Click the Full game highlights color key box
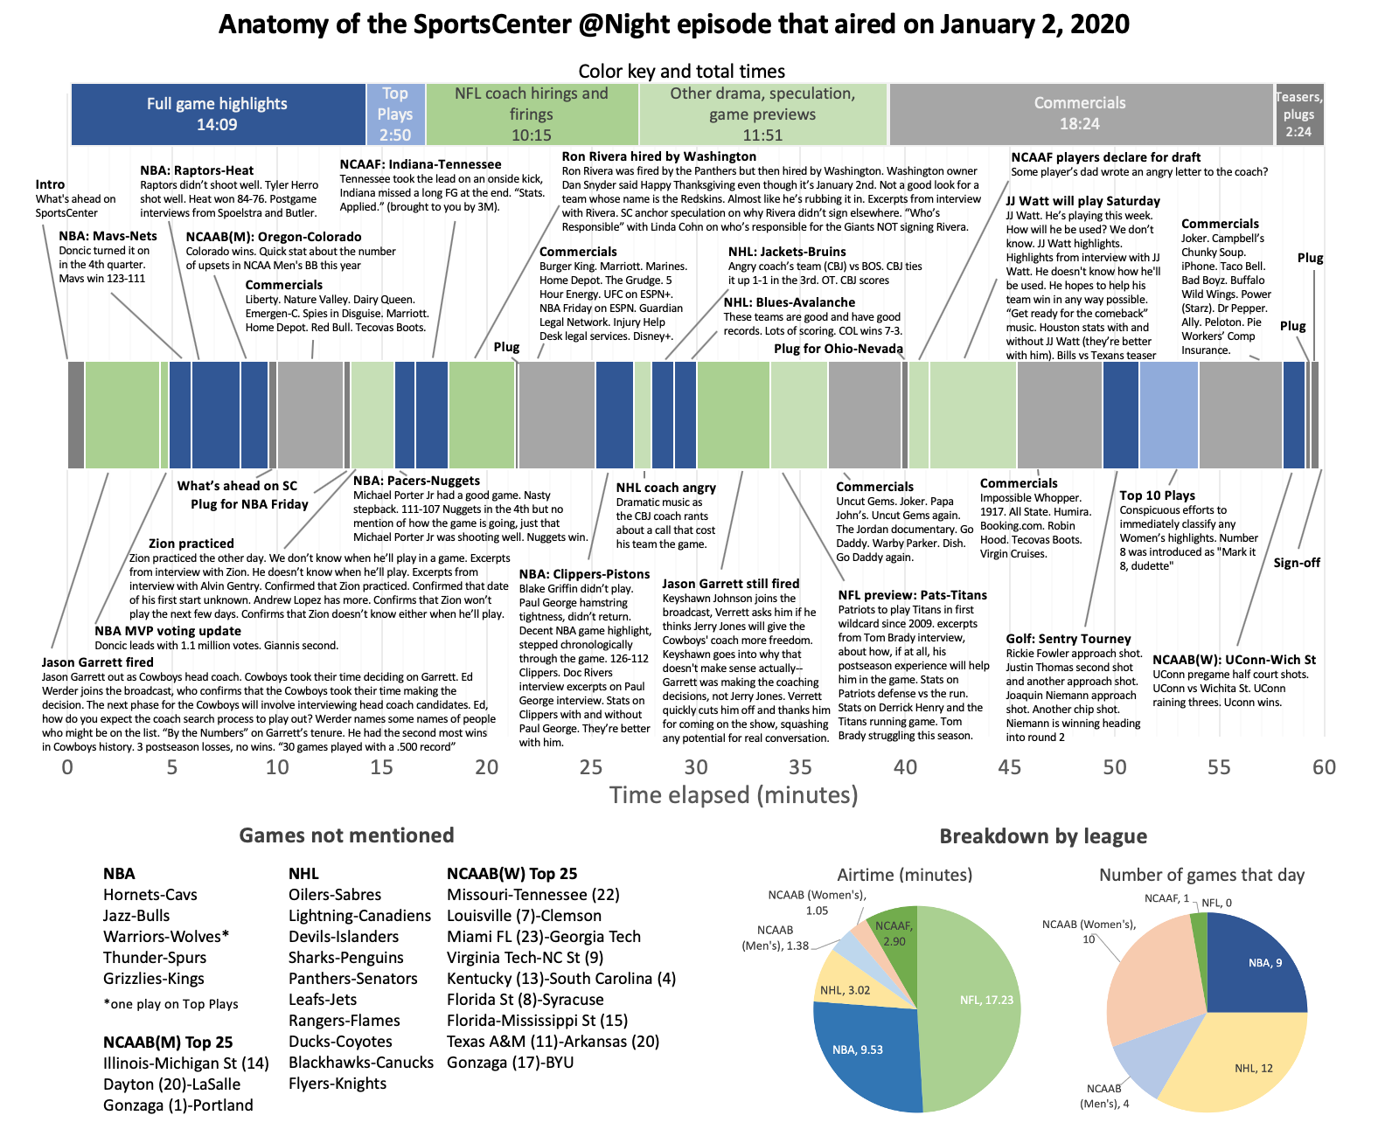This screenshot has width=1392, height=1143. [x=217, y=114]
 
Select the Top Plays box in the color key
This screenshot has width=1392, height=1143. [x=395, y=114]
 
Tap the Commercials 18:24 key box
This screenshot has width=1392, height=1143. [x=1080, y=114]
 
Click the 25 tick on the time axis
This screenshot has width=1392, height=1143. [x=591, y=767]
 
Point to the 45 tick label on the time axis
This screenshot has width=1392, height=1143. [x=1010, y=767]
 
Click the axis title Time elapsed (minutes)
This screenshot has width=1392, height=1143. [x=734, y=795]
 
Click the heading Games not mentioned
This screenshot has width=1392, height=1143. [x=346, y=835]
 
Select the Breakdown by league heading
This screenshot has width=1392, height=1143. [x=1043, y=836]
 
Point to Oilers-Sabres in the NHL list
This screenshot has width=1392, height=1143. [x=335, y=895]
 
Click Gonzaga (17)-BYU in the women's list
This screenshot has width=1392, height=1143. [x=511, y=1063]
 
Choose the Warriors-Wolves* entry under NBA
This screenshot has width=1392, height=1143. [x=166, y=937]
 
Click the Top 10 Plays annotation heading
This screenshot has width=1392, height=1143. [x=1157, y=495]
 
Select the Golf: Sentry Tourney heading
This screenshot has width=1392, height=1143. [x=1068, y=639]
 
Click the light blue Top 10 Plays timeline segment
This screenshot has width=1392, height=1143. [x=1168, y=414]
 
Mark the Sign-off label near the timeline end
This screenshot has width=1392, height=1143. [x=1297, y=563]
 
